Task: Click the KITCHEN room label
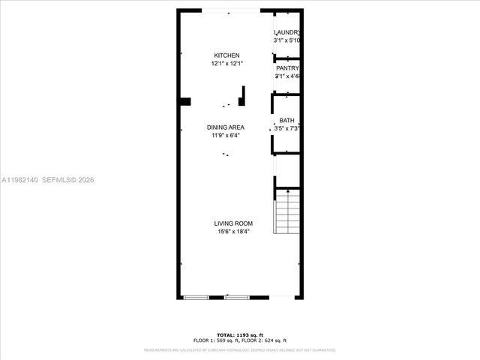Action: [x=226, y=56]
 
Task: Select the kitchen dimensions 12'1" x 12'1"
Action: [x=226, y=64]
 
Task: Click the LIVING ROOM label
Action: [x=232, y=223]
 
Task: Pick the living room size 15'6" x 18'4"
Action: [x=232, y=232]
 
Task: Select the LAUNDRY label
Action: [x=287, y=32]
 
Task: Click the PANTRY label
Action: [x=287, y=68]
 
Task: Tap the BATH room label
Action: [x=286, y=121]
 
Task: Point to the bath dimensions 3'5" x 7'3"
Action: [x=287, y=129]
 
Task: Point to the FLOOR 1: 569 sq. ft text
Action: [x=214, y=340]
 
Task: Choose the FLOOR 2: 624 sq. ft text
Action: [x=266, y=340]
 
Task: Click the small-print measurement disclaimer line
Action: [x=239, y=349]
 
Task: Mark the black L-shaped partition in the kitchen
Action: [x=242, y=96]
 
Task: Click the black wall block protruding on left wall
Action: [x=184, y=102]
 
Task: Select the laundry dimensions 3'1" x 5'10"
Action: [x=288, y=40]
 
